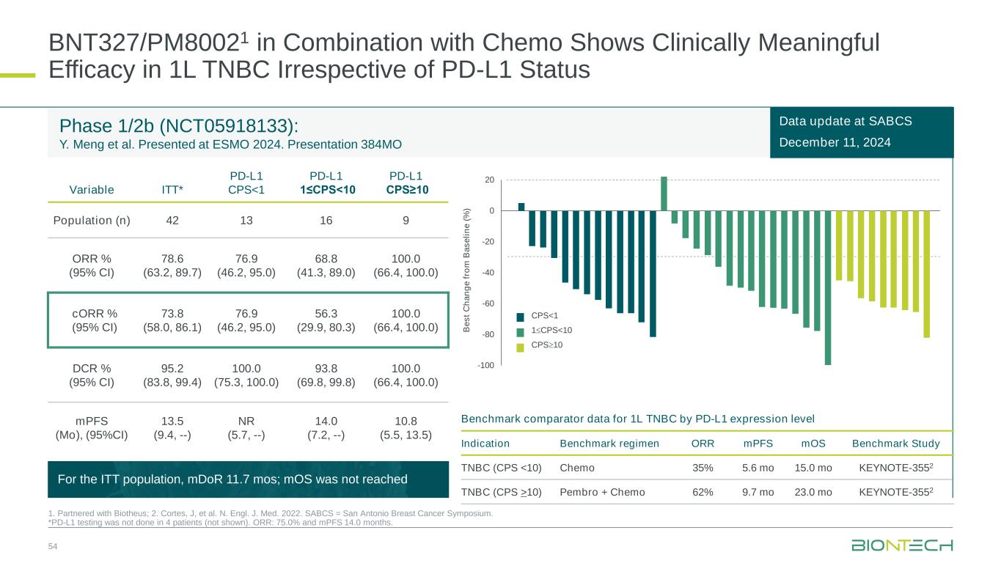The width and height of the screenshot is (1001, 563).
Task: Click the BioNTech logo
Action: coord(902,546)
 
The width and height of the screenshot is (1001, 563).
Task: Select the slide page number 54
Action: coord(54,547)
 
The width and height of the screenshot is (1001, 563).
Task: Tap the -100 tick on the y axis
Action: coord(486,365)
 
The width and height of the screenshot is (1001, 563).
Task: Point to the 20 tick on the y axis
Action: coord(489,180)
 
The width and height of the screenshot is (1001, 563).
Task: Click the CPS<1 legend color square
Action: coord(521,317)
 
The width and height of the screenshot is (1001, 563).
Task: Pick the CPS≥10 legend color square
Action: coord(521,347)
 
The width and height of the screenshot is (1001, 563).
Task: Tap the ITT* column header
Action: coord(172,189)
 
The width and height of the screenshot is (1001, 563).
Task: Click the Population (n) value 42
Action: coord(172,220)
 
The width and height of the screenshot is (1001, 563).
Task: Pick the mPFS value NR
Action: coord(246,421)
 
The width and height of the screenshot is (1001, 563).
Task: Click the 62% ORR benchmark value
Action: coord(703,492)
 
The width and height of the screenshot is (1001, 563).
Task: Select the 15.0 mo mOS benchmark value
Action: coord(813,468)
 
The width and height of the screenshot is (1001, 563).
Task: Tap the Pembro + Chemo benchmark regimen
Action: coord(602,492)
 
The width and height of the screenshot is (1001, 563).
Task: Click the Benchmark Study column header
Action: coord(895,444)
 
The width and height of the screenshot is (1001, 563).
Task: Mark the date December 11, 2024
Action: coord(836,142)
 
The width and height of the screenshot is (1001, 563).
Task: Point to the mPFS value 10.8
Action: coord(406,421)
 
